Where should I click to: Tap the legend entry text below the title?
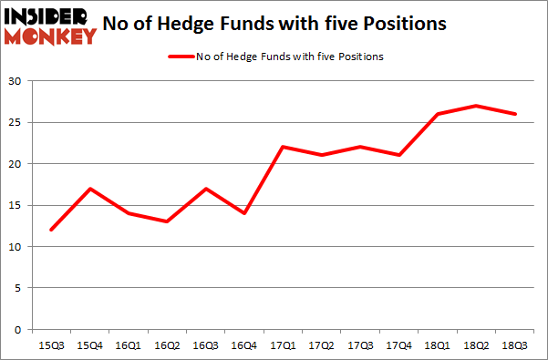tap(289, 57)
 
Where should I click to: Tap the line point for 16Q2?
tap(166, 221)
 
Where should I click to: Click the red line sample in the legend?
tap(180, 57)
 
